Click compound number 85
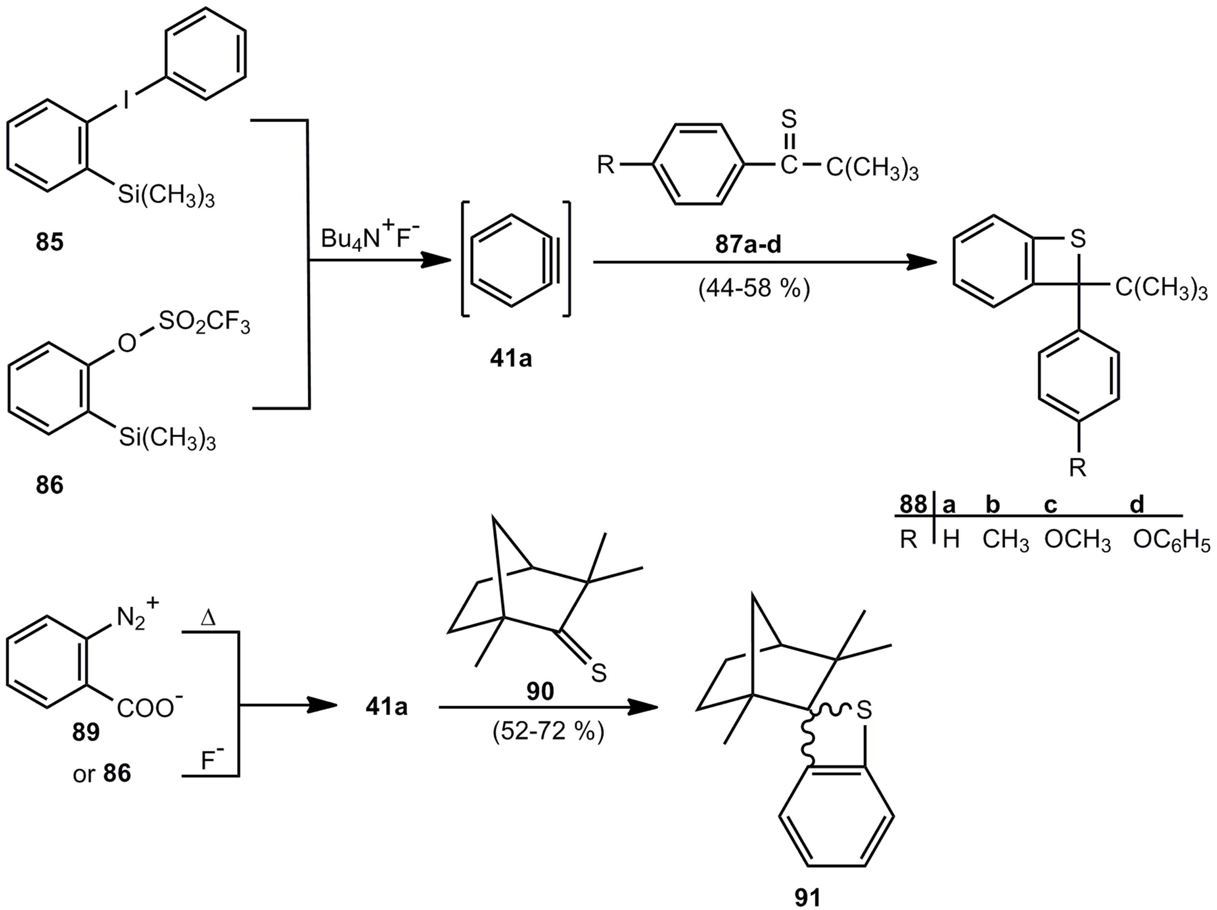point(49,242)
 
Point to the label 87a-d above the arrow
point(748,245)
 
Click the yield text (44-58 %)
point(754,288)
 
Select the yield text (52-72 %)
point(548,732)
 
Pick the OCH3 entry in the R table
point(1077,541)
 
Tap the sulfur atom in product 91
point(864,710)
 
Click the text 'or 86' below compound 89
point(102,774)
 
